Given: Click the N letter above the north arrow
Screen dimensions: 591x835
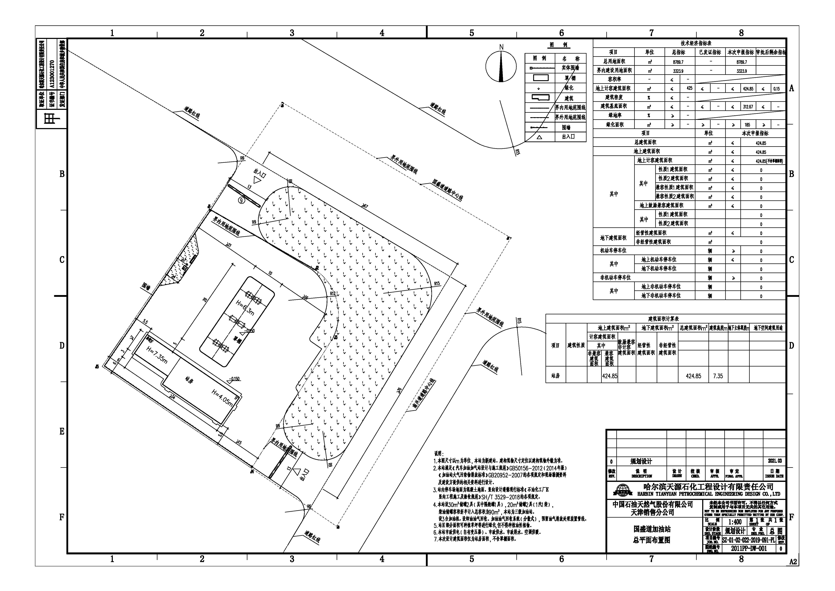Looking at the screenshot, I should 501,47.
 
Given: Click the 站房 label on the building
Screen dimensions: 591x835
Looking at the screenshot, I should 189,381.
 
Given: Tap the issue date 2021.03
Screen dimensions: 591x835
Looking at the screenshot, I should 775,461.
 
